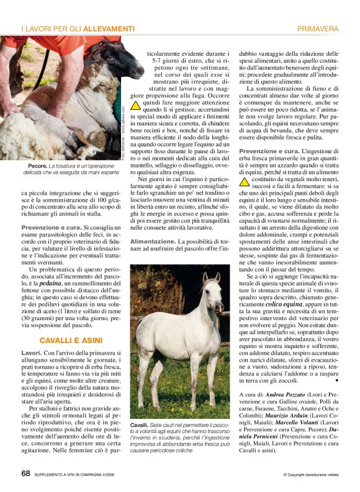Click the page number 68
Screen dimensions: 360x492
coord(25,473)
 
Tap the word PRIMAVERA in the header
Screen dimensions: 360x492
coord(318,29)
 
